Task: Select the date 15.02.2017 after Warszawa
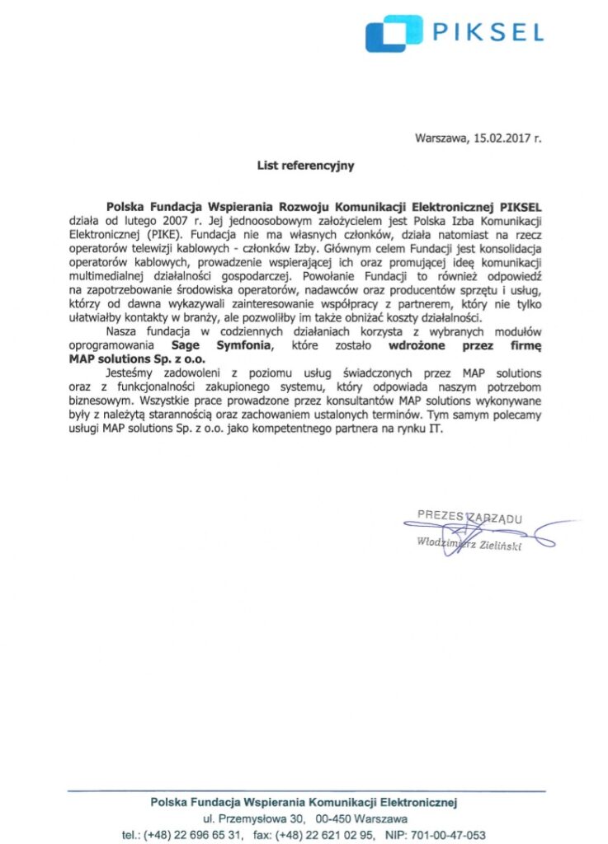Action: tap(501, 138)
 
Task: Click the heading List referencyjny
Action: tap(305, 166)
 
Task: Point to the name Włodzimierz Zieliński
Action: tap(469, 545)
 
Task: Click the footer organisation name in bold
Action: tap(304, 802)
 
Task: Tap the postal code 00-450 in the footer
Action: tap(332, 818)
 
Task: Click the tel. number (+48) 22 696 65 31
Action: tap(194, 834)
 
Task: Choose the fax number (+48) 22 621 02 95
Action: tap(323, 834)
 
